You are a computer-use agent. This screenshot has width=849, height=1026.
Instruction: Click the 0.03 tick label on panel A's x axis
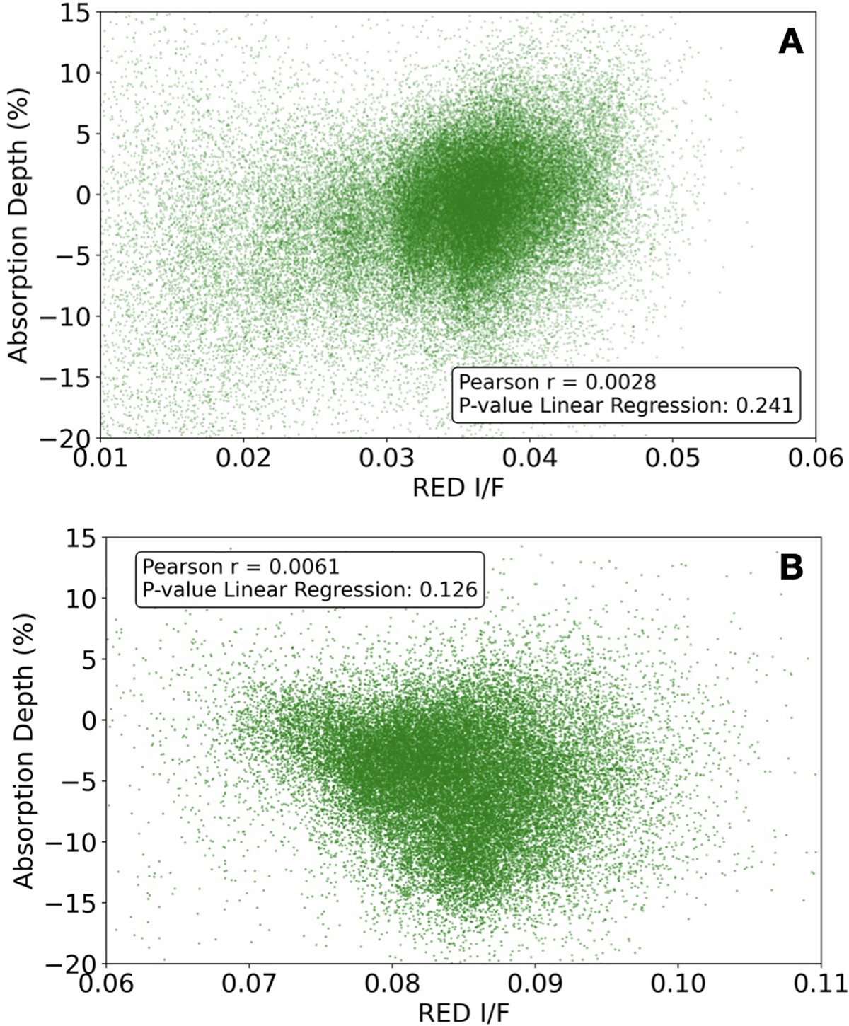(x=386, y=459)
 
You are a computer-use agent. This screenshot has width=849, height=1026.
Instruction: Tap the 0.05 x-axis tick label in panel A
(x=672, y=459)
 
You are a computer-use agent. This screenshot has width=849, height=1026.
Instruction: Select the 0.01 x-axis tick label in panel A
(x=101, y=459)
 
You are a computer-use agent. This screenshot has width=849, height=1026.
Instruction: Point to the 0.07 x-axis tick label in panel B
(x=249, y=984)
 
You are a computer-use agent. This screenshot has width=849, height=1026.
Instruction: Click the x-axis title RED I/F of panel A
(x=459, y=488)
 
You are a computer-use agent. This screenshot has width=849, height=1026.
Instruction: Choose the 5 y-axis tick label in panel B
(x=89, y=659)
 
